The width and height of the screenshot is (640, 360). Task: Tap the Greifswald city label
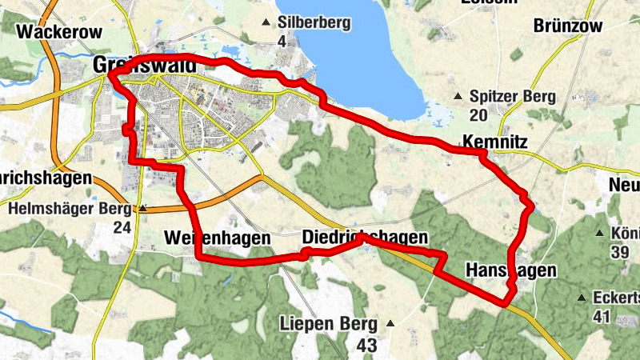pyautogui.click(x=144, y=65)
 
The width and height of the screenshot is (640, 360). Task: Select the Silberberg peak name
pyautogui.click(x=314, y=22)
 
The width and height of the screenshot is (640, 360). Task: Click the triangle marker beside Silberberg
pyautogui.click(x=266, y=22)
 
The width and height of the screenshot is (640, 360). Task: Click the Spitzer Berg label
pyautogui.click(x=513, y=96)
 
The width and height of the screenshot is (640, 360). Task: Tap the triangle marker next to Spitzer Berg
pyautogui.click(x=458, y=97)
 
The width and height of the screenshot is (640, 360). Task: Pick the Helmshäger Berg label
pyautogui.click(x=69, y=209)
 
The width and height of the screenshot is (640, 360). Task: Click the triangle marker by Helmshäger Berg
pyautogui.click(x=142, y=209)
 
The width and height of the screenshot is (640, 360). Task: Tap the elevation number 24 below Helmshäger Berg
pyautogui.click(x=122, y=227)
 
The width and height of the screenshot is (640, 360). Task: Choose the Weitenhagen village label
pyautogui.click(x=212, y=238)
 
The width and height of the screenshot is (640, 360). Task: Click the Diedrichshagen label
pyautogui.click(x=365, y=238)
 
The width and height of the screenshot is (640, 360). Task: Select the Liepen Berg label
pyautogui.click(x=328, y=324)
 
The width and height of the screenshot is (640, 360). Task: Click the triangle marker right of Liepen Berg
pyautogui.click(x=390, y=324)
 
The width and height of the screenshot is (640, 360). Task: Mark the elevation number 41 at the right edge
pyautogui.click(x=602, y=316)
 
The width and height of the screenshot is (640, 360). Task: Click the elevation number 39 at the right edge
pyautogui.click(x=620, y=253)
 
